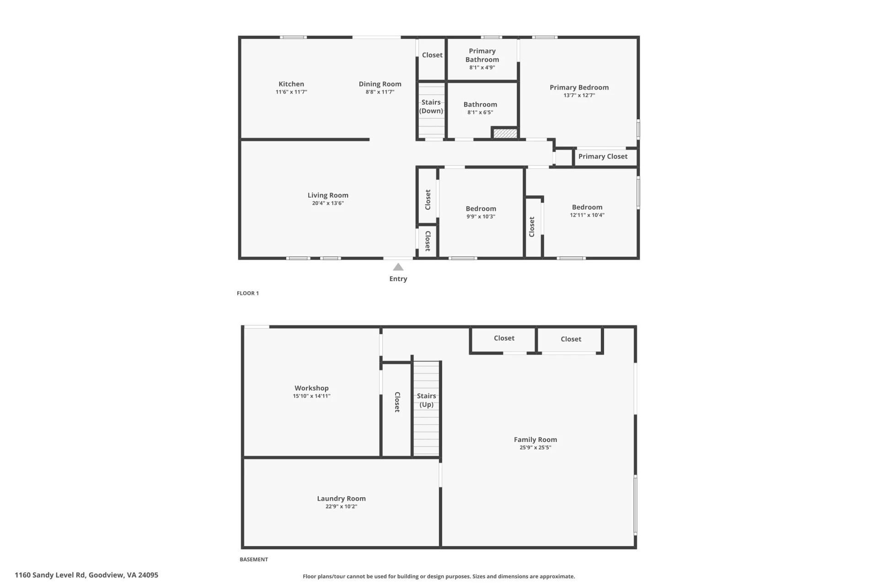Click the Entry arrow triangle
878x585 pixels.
398,267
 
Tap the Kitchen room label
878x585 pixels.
291,84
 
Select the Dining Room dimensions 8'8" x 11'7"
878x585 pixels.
380,92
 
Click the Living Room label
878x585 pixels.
328,195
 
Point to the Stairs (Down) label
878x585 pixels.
431,106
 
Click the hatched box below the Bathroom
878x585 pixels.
505,133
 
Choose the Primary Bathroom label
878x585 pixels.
482,55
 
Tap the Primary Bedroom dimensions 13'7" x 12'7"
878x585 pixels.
579,96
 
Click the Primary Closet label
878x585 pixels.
603,156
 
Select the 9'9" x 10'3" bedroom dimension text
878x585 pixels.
481,217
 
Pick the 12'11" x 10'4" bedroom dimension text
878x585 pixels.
587,215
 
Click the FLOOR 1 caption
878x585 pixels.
248,293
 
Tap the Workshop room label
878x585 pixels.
311,388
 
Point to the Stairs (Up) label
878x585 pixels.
427,400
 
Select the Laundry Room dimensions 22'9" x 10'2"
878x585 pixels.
342,506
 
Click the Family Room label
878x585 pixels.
535,440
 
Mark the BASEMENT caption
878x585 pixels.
254,559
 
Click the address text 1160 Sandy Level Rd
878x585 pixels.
50,575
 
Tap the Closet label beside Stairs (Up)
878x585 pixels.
397,402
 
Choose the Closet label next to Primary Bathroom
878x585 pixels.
432,55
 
